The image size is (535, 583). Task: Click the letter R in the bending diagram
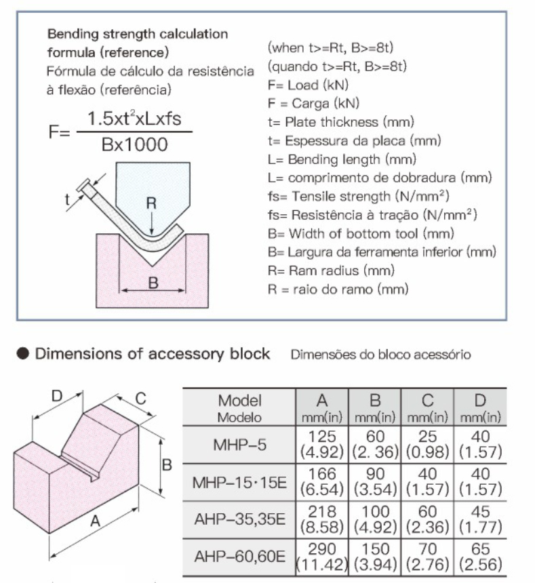coord(151,203)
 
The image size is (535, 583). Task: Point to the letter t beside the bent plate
coord(67,200)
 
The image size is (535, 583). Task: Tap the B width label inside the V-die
coord(153,283)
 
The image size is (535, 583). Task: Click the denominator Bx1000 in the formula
coord(134,144)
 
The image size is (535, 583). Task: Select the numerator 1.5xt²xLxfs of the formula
coord(134,119)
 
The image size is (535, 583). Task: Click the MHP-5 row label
coord(240,445)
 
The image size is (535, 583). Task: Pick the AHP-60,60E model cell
coord(240,557)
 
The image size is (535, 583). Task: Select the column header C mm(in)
coord(428,408)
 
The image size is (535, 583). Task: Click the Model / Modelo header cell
coord(240,408)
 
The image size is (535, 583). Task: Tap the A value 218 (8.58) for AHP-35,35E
coord(322,519)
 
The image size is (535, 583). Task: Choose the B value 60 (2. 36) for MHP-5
coord(375,444)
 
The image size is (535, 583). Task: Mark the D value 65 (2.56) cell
coord(480,557)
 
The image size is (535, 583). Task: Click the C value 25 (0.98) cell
coord(428,444)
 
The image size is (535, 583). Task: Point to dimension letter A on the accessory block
coord(95,521)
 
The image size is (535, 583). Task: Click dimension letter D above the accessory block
coord(56,396)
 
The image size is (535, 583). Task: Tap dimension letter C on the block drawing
coord(140,399)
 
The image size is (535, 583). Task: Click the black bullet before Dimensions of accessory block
coord(22,354)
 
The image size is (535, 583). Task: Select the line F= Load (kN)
coord(308,85)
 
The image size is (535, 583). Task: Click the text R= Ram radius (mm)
coord(331,270)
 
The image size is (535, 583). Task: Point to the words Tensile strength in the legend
coord(341,197)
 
